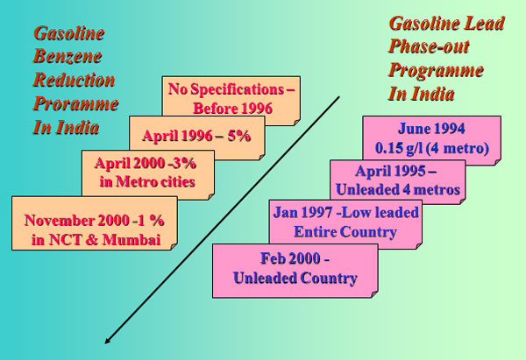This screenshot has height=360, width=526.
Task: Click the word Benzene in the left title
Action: (x=68, y=56)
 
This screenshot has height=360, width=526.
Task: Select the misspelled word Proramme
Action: (x=75, y=104)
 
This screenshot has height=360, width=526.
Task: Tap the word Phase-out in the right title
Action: (x=429, y=46)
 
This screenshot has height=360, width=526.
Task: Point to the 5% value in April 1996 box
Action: (x=239, y=136)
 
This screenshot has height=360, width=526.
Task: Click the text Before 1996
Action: (x=233, y=109)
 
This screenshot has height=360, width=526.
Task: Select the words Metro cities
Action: (x=155, y=182)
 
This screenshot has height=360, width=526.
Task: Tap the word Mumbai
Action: (x=131, y=240)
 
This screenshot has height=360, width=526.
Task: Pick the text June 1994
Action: (x=431, y=129)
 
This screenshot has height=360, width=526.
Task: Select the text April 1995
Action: (x=391, y=171)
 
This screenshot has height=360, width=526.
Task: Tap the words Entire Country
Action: (x=345, y=232)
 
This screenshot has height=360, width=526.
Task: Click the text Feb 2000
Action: (x=290, y=258)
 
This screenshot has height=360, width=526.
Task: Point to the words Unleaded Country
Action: (x=295, y=278)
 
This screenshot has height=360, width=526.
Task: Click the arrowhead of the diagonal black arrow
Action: (x=107, y=341)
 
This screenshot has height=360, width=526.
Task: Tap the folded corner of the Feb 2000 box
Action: (x=374, y=294)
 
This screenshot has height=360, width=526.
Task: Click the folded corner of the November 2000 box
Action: (x=174, y=246)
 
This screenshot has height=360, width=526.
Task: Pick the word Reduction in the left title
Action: (x=74, y=80)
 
